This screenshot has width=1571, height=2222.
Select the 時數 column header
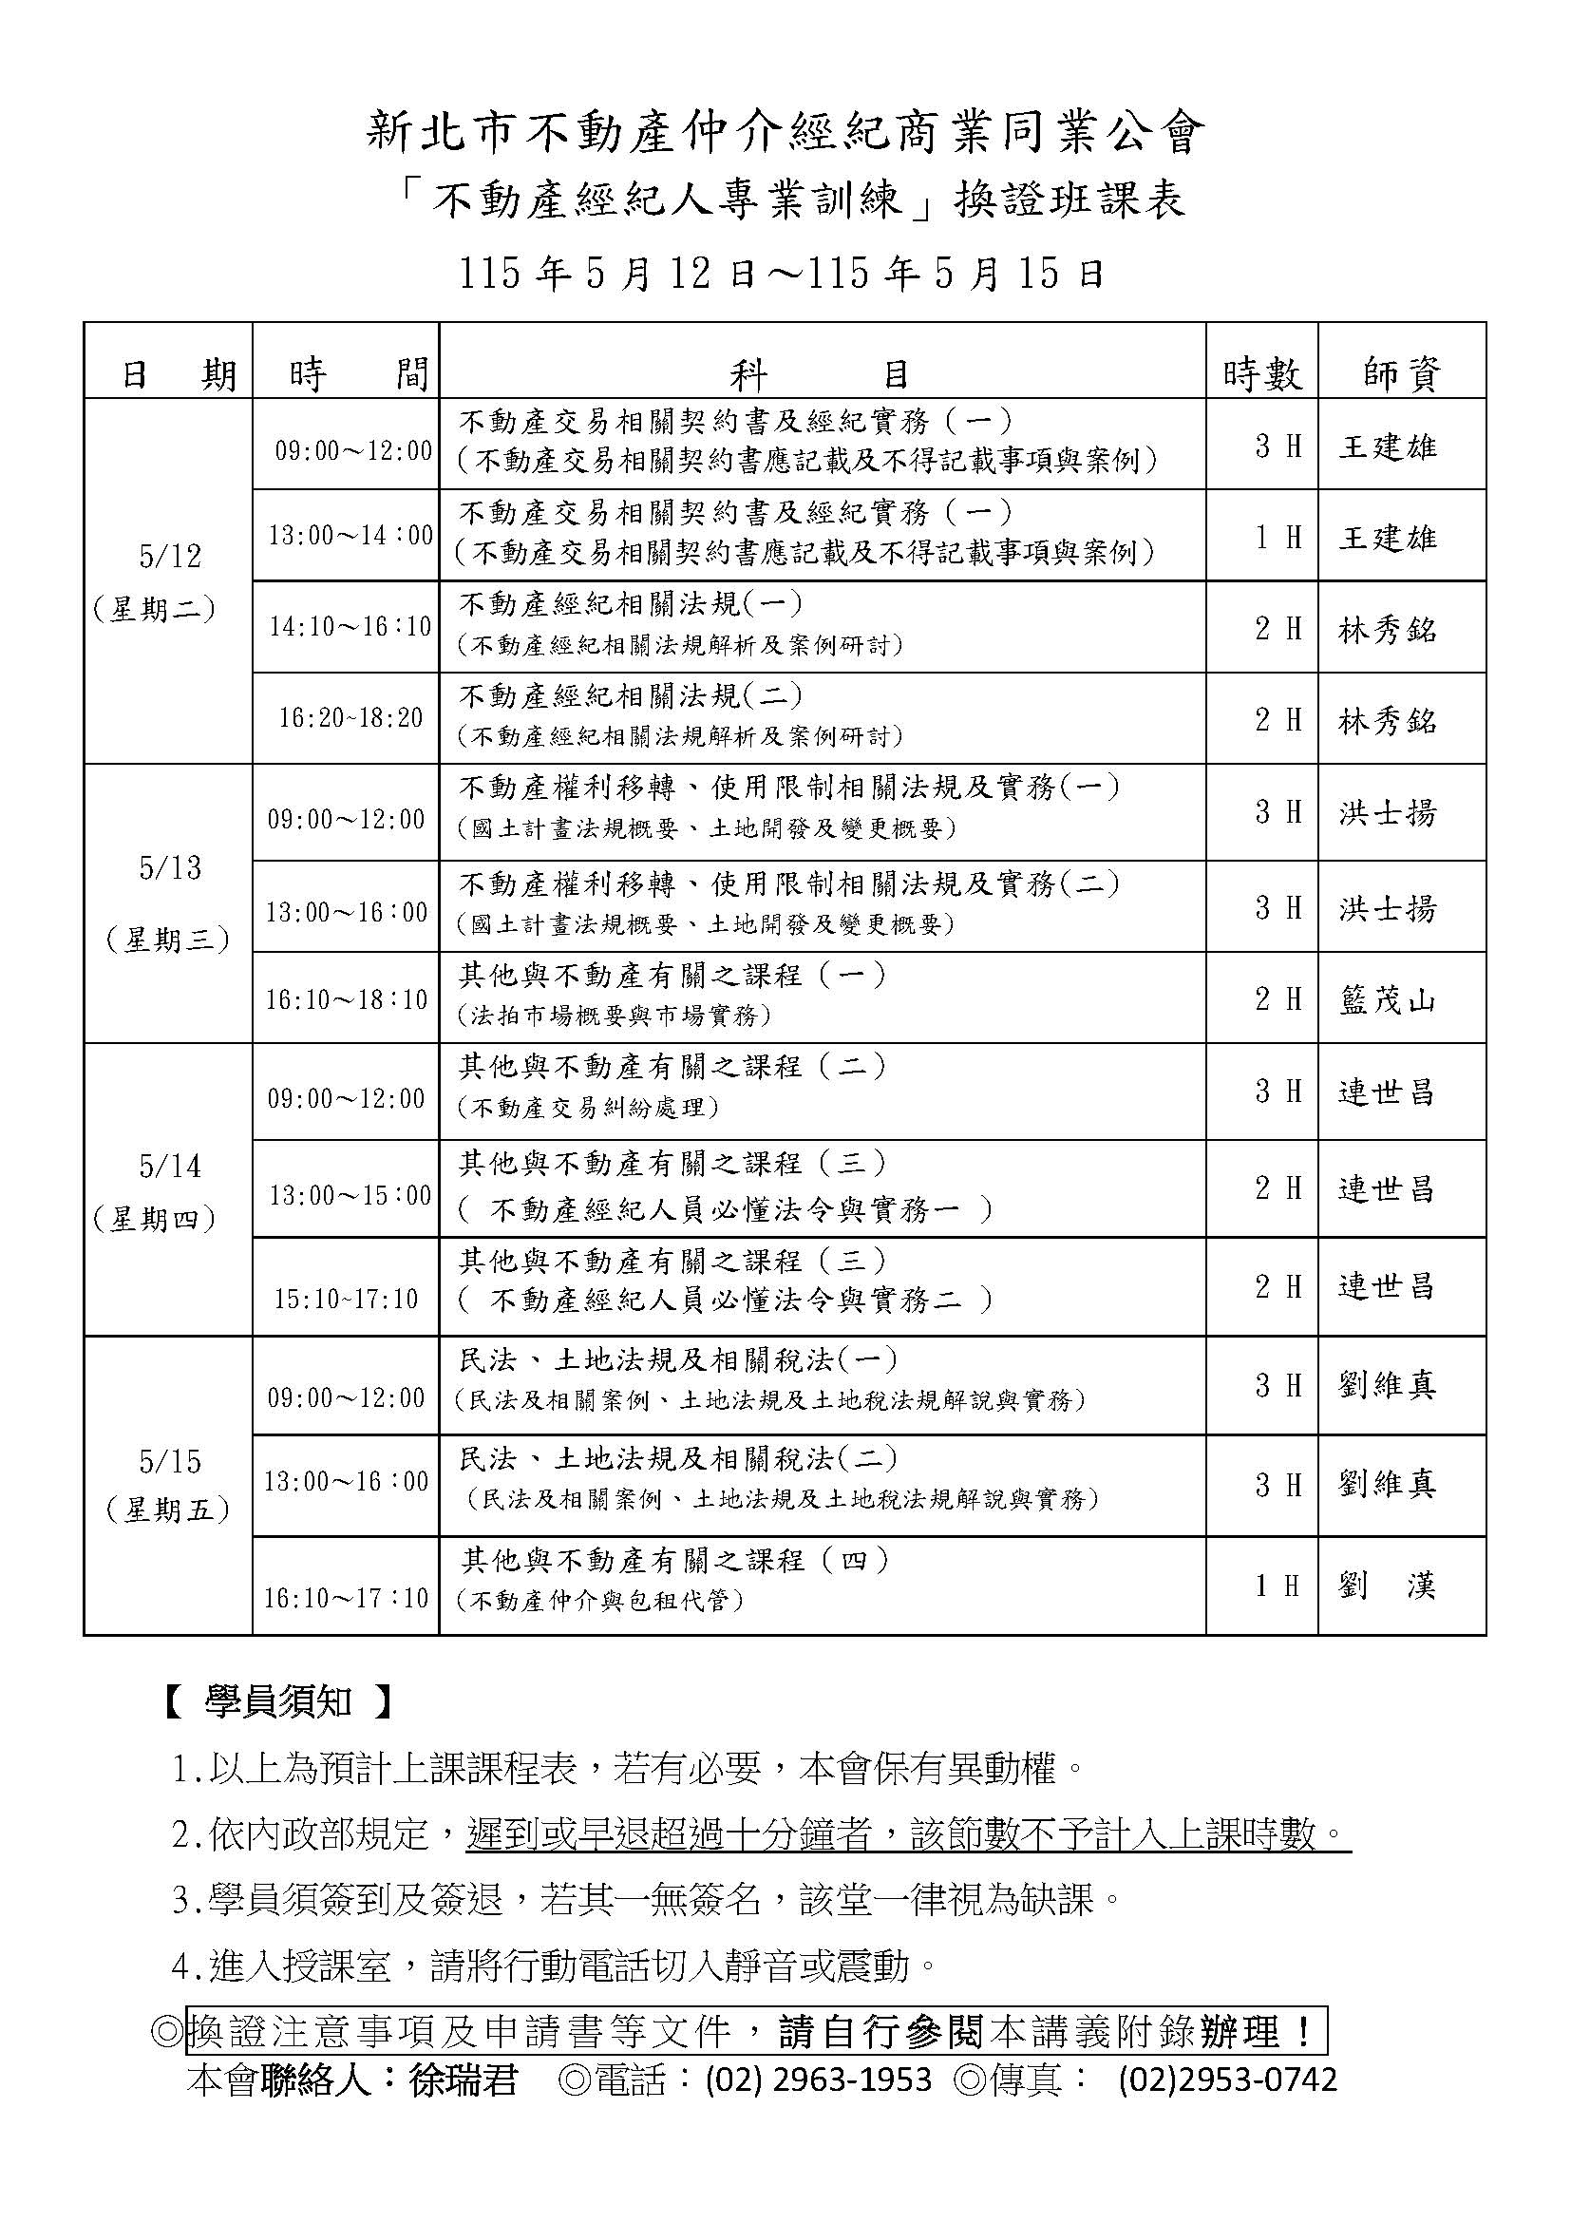(x=1261, y=373)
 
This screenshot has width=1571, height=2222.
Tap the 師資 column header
(x=1402, y=373)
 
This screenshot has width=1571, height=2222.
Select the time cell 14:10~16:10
(x=350, y=627)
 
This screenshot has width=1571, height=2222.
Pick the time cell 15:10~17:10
(x=347, y=1299)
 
